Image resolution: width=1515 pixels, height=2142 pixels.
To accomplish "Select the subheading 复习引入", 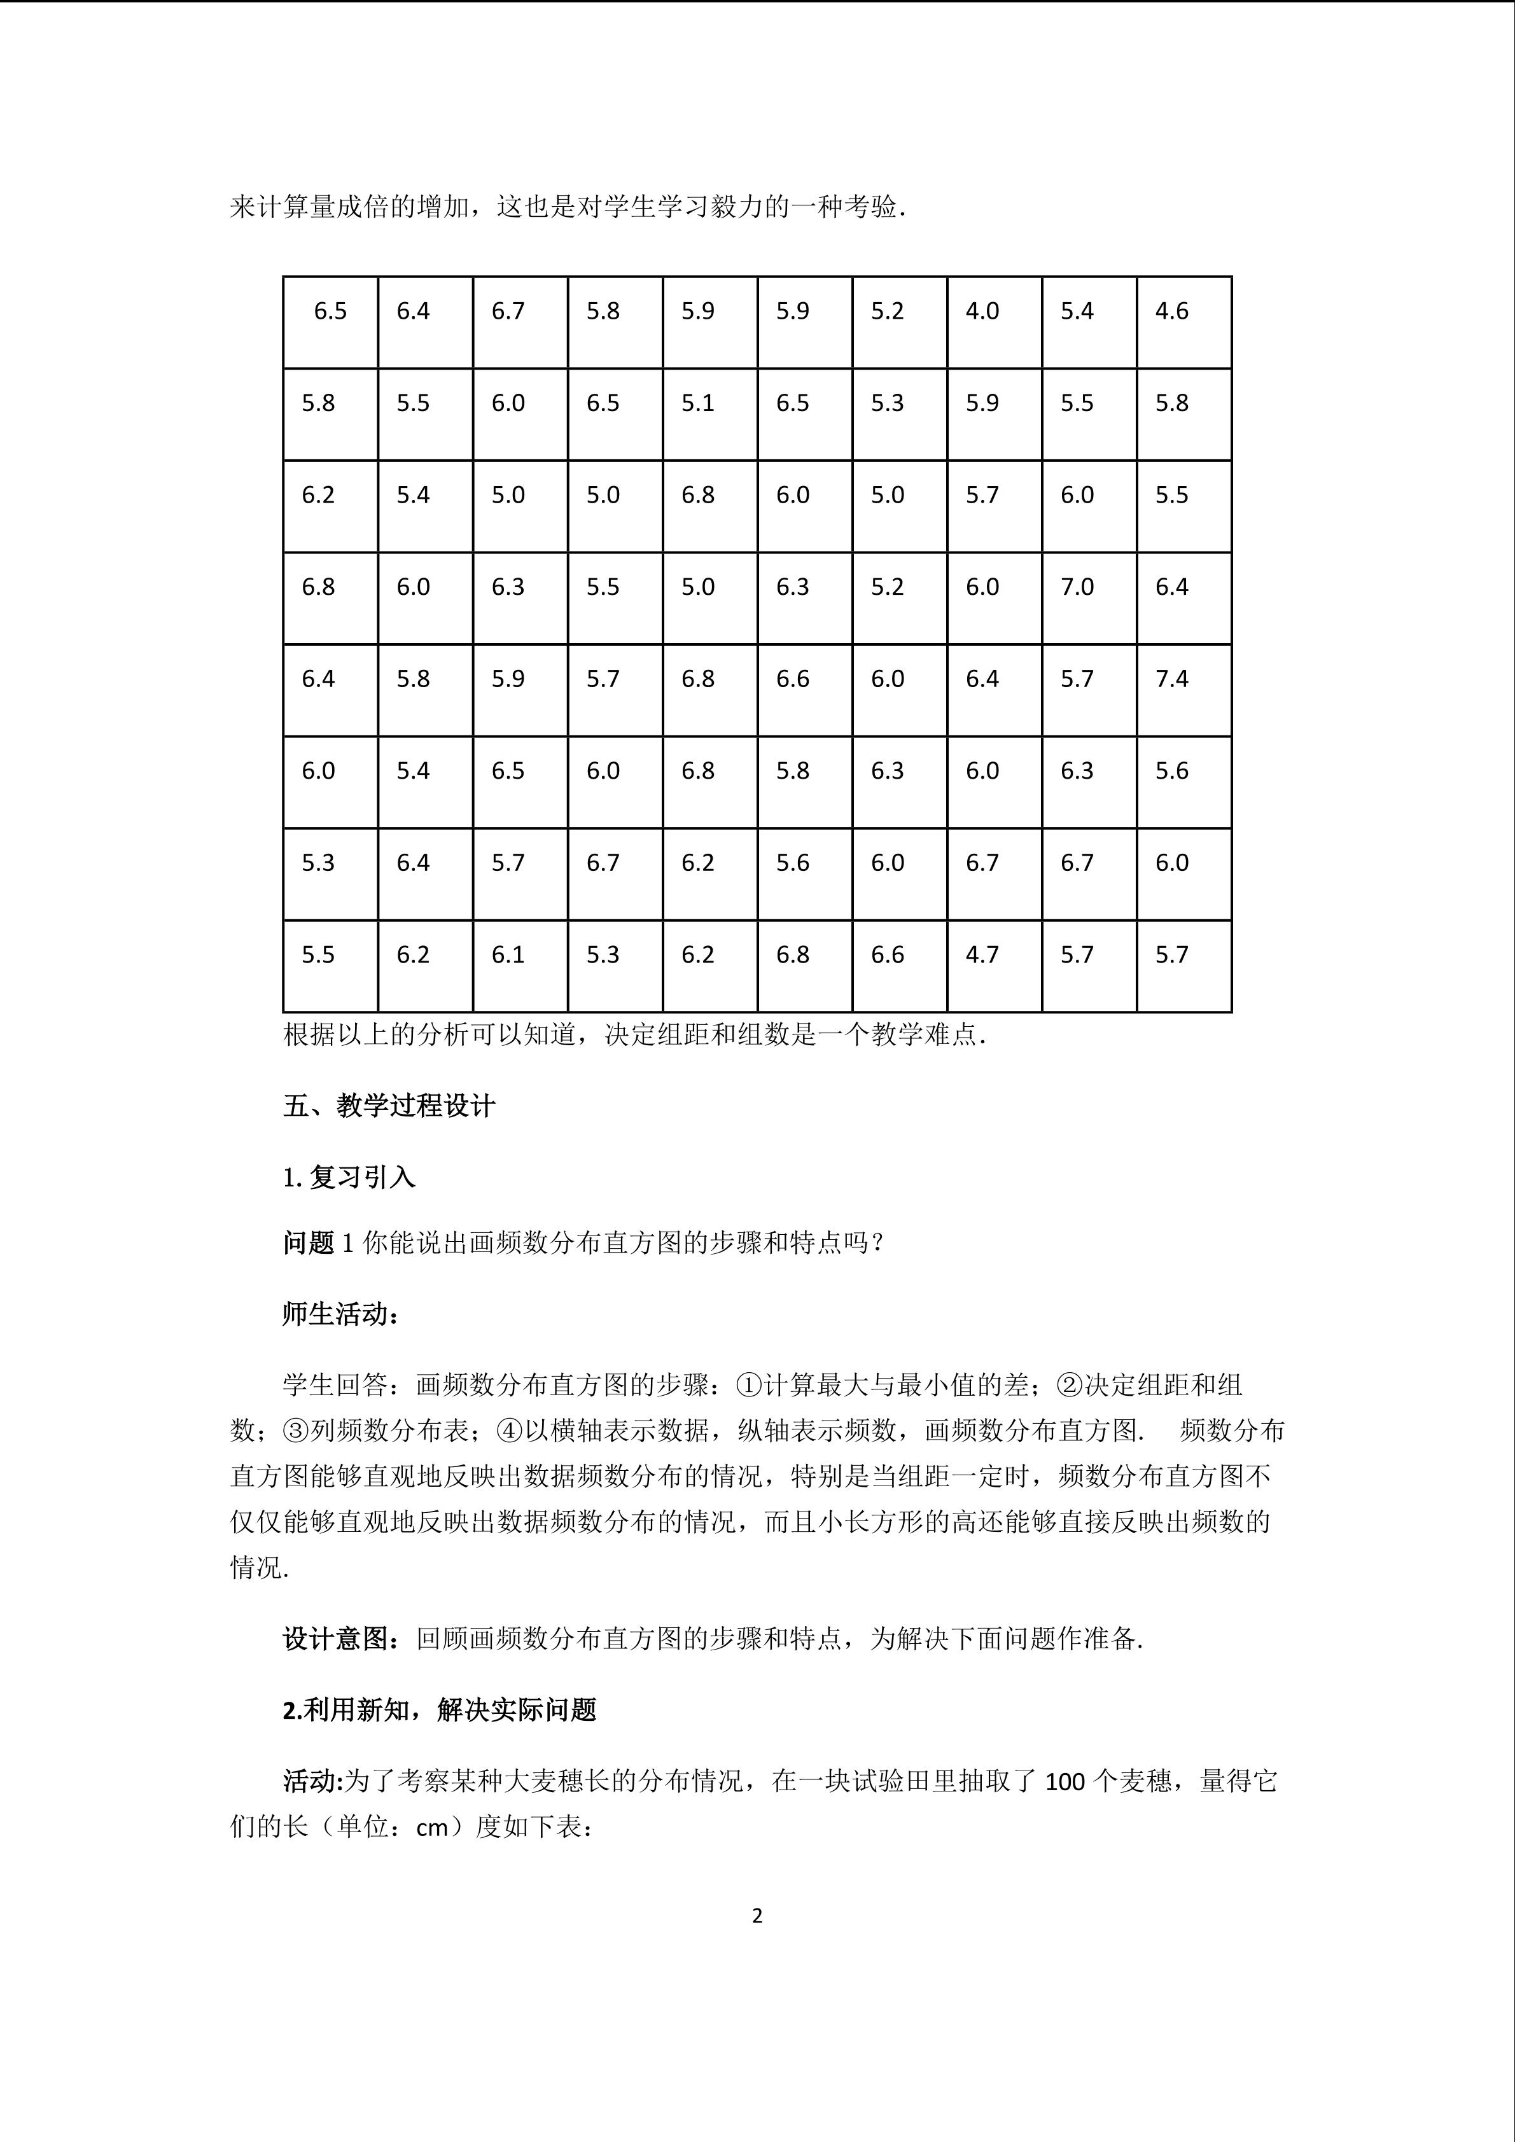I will coord(362,1178).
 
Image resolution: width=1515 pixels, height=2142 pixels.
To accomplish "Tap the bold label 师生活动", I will coord(340,1314).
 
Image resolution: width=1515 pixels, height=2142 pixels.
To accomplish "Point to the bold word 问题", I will coord(309,1244).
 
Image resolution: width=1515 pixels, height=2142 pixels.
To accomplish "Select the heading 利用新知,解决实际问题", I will coord(438,1710).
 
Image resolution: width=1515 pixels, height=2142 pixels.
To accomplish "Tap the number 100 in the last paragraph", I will coord(1065,1782).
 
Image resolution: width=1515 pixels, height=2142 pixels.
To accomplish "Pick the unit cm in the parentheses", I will coord(432,1828).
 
